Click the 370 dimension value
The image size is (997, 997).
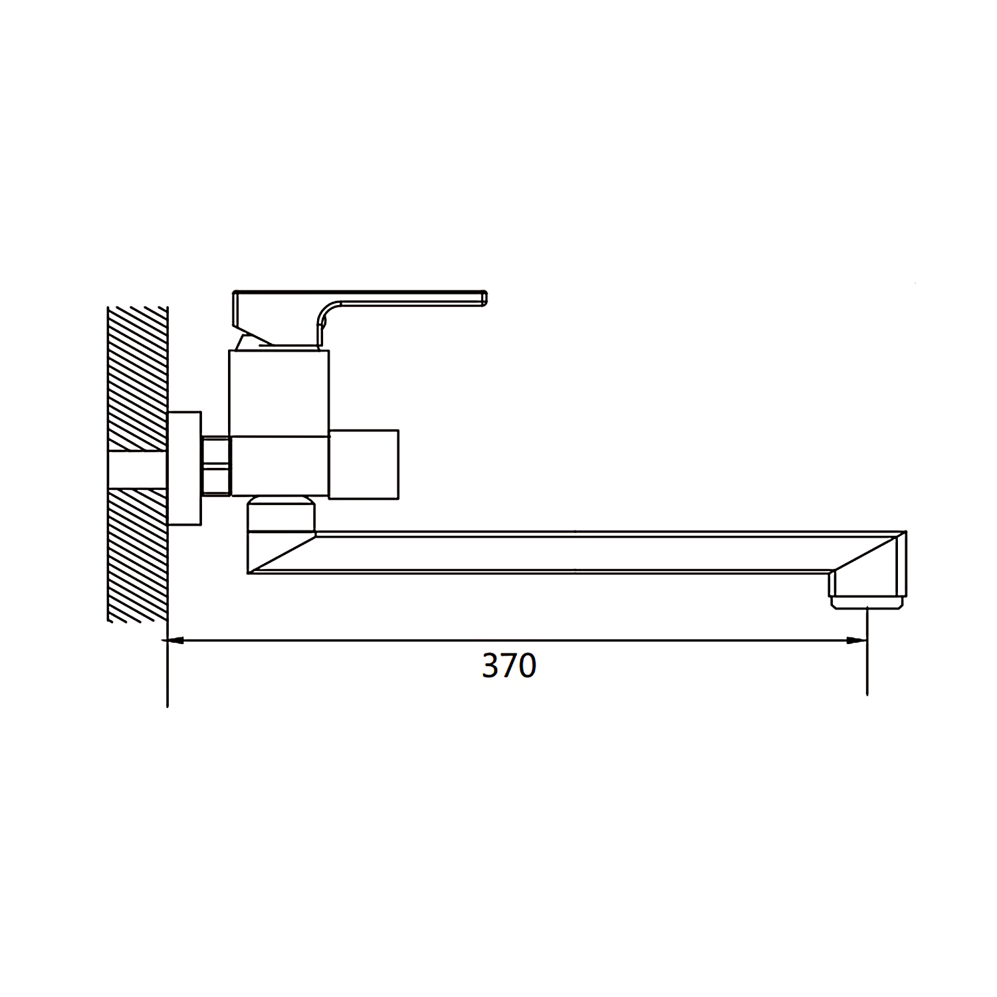[x=509, y=666]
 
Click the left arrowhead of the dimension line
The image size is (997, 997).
[x=175, y=641]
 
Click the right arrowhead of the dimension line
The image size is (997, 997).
[x=858, y=641]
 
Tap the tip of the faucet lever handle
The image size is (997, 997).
[x=487, y=298]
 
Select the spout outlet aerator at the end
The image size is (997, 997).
[x=867, y=603]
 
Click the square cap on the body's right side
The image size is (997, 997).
[x=364, y=464]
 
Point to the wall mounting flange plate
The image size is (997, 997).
[x=184, y=468]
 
